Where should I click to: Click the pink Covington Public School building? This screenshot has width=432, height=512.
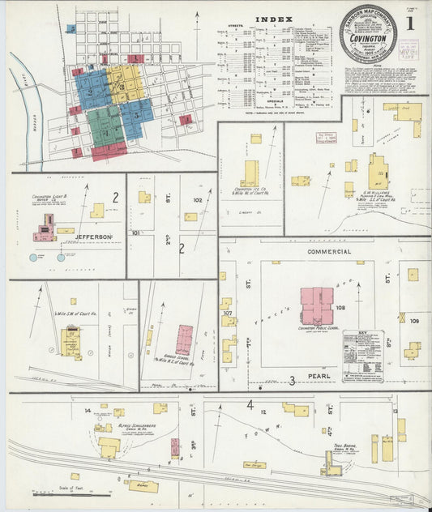pyautogui.click(x=315, y=305)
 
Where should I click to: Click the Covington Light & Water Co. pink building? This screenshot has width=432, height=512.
pyautogui.click(x=45, y=229)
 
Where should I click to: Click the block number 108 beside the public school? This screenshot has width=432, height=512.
pyautogui.click(x=340, y=308)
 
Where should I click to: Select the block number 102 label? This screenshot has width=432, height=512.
pyautogui.click(x=197, y=199)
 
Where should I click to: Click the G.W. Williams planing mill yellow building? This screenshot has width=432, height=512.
pyautogui.click(x=376, y=174)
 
